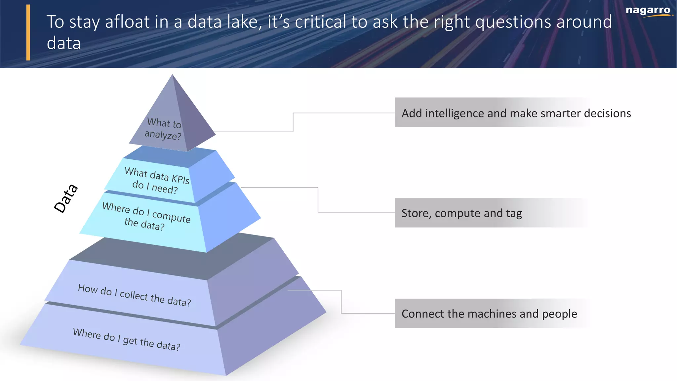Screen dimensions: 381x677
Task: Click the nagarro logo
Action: coord(648,11)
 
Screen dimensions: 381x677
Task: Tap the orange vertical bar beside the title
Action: coord(28,32)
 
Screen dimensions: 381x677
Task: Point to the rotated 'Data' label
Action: coord(66,198)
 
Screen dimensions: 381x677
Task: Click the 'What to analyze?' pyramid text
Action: coord(164,129)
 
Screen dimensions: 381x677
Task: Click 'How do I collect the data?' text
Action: coord(134,295)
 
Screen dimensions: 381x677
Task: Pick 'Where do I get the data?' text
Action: coord(127,339)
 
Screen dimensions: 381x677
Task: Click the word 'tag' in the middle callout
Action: coord(514,214)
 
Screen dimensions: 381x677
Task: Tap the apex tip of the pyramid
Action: coord(172,76)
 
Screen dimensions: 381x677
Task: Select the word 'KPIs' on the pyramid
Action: coord(180,179)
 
